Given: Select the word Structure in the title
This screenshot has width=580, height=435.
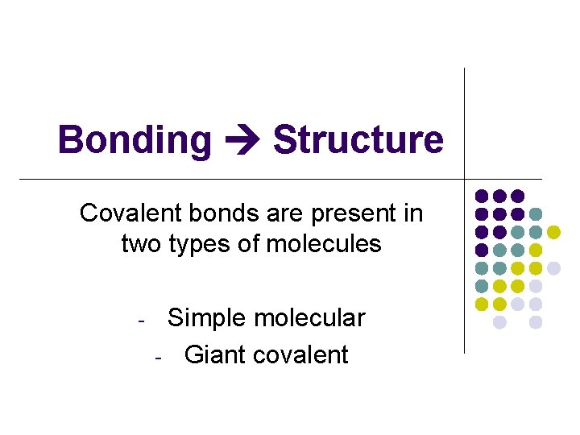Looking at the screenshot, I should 358,139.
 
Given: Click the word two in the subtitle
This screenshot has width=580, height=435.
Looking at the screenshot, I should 142,243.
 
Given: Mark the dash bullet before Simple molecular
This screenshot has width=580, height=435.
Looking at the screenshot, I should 141,320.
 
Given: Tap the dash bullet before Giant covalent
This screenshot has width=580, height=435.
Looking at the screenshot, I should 159,356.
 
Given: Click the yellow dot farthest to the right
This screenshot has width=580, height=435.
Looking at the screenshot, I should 553,232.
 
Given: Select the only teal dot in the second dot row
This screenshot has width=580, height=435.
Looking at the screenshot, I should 536,213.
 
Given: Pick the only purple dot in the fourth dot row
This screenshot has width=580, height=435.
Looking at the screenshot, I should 482,250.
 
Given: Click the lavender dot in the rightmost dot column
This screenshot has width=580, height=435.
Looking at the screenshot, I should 553,268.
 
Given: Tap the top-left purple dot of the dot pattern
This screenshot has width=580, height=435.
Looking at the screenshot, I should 482,196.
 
